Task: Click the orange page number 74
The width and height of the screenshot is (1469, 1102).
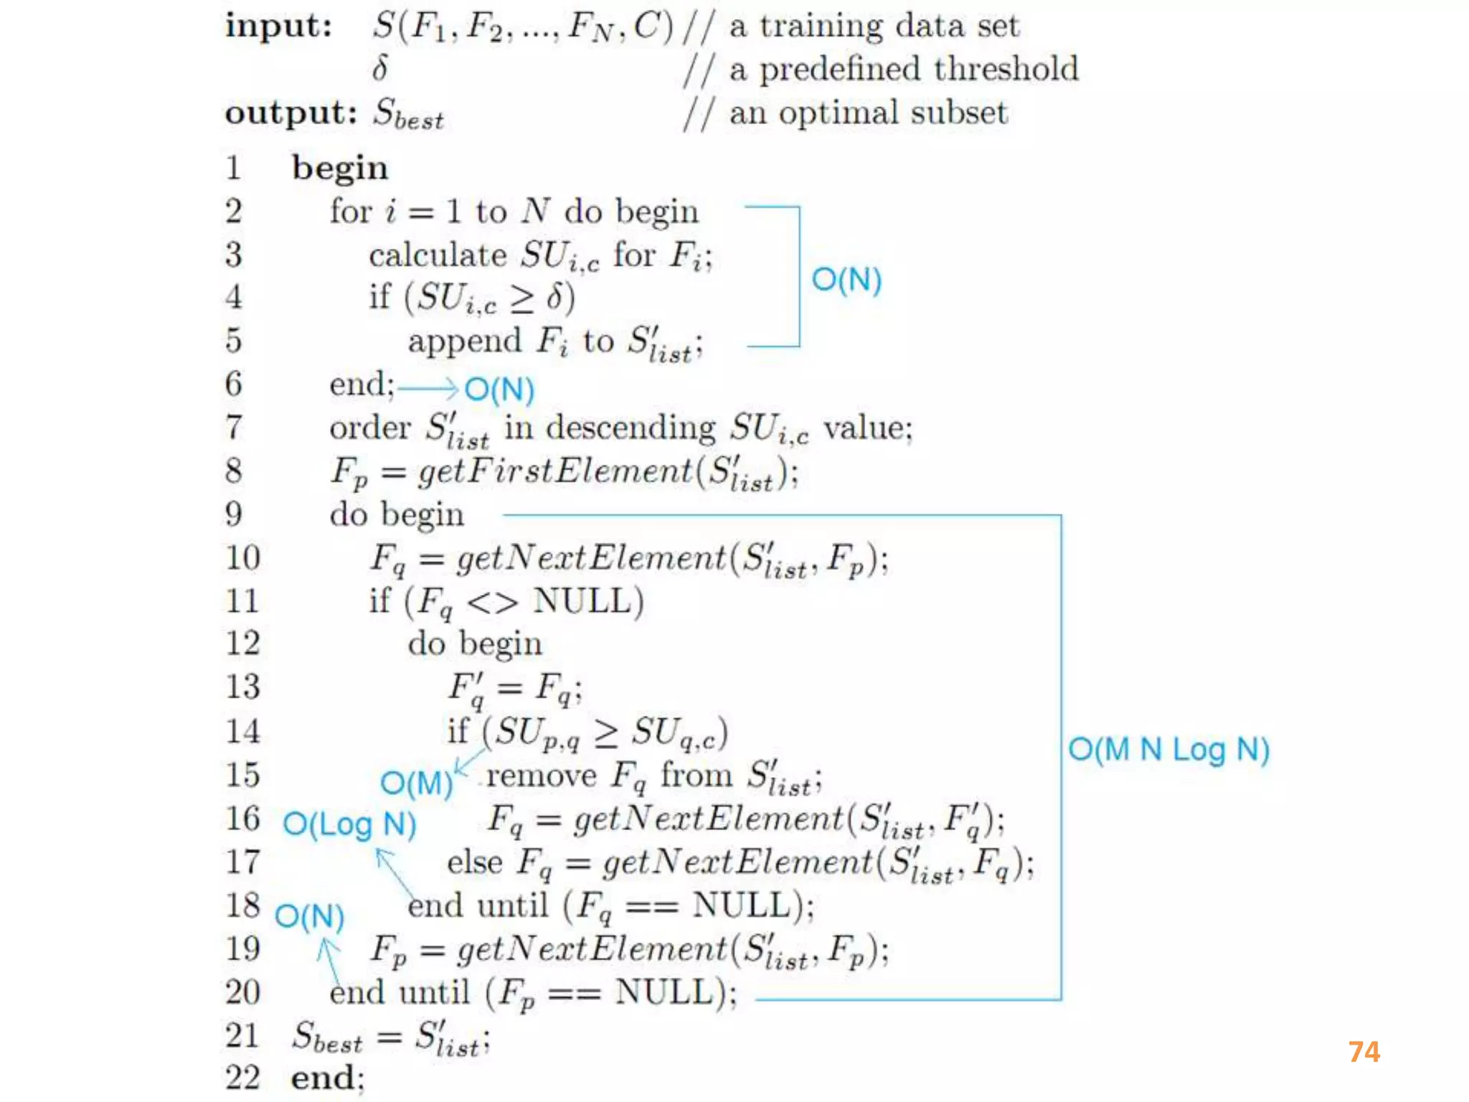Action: tap(1364, 1052)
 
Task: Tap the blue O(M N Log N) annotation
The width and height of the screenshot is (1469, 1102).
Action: tap(1168, 750)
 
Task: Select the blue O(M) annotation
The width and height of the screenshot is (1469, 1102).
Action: tap(416, 783)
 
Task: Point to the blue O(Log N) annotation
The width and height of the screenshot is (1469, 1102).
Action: tap(349, 824)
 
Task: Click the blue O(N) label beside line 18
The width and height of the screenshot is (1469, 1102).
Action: tap(309, 916)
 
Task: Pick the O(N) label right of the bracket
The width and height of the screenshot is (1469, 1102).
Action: tap(846, 279)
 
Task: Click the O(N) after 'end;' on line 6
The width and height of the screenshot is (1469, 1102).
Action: tap(499, 390)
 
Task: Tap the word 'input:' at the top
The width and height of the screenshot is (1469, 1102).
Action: tap(278, 27)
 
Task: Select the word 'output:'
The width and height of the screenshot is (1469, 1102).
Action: tap(291, 113)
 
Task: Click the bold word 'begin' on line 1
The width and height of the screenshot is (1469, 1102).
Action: tap(339, 169)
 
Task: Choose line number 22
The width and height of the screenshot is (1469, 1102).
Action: tap(242, 1078)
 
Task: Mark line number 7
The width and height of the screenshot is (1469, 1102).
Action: tap(234, 428)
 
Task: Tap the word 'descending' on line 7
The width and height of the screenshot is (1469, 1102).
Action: tap(630, 428)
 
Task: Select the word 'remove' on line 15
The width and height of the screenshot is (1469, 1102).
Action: tap(541, 776)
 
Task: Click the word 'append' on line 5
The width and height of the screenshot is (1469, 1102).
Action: tap(464, 341)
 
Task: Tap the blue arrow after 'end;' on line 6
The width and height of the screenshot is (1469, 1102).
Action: tap(428, 388)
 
